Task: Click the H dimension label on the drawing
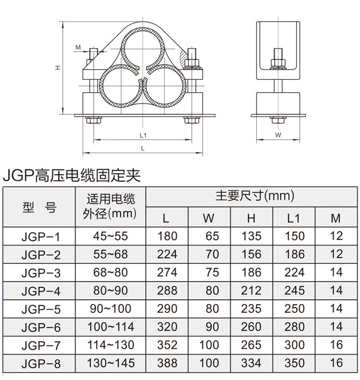[57, 68]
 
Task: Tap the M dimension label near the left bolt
[78, 47]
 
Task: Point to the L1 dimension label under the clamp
[143, 135]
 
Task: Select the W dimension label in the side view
[278, 135]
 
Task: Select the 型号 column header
[39, 207]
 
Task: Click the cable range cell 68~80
[111, 272]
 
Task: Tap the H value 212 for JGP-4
[251, 290]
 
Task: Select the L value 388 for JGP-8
[167, 363]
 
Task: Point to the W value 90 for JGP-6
[209, 327]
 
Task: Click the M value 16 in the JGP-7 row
[336, 345]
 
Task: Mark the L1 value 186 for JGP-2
[294, 254]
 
